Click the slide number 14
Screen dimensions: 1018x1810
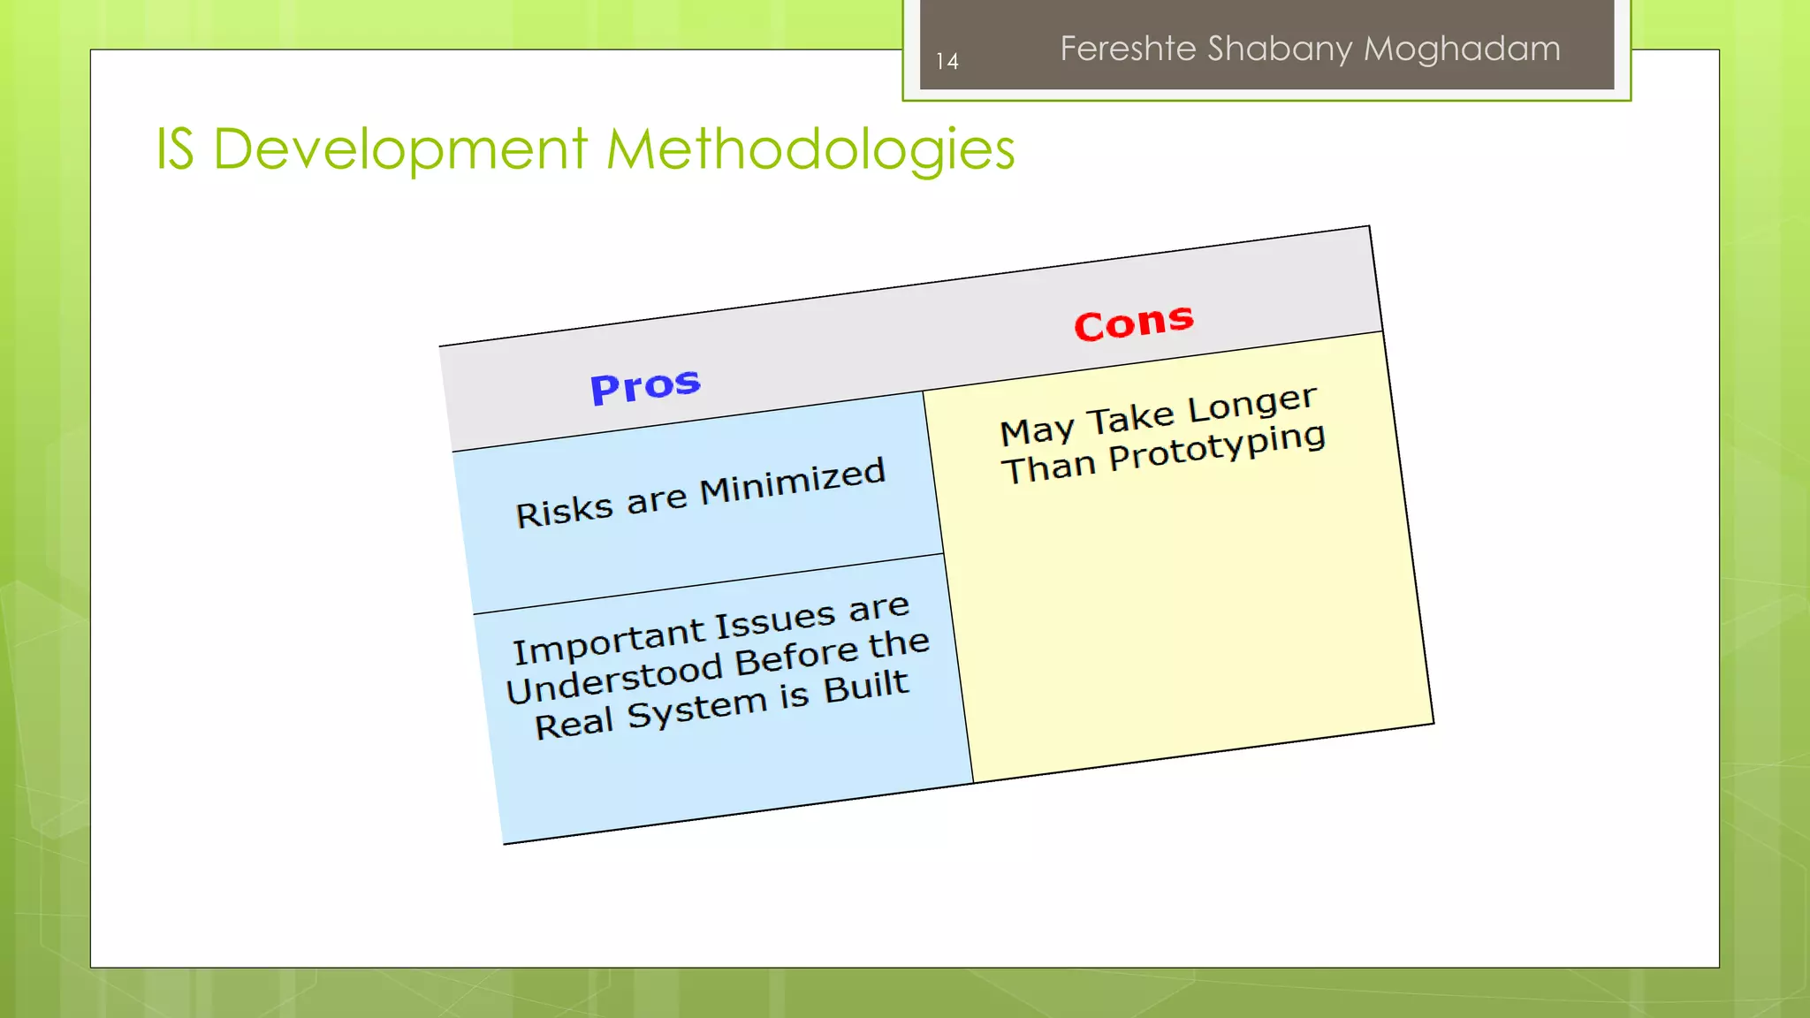(947, 61)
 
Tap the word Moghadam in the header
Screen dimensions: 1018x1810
(1462, 49)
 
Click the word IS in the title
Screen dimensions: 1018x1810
(175, 148)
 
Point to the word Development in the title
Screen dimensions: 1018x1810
(399, 150)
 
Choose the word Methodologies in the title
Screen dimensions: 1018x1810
(810, 150)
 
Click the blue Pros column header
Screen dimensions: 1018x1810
(645, 386)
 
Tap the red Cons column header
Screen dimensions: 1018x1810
(1134, 322)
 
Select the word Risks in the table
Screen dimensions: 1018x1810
(564, 511)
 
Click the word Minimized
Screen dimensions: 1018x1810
(792, 482)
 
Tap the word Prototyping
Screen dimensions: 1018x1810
(1217, 448)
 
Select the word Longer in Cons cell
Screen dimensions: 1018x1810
(1251, 406)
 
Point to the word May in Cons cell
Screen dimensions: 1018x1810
(1037, 430)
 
